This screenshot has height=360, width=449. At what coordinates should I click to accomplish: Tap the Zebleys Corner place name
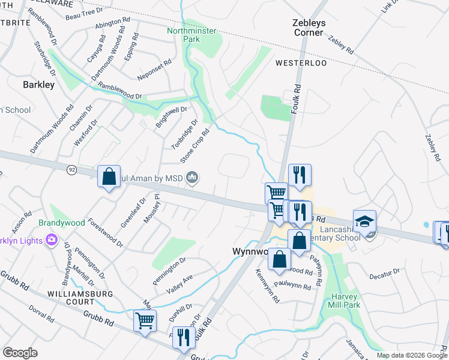point(309,27)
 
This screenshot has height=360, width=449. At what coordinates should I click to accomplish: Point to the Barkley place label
point(38,85)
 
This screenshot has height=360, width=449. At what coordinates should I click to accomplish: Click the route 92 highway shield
point(71,170)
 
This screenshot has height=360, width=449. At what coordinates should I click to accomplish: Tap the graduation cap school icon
point(364,221)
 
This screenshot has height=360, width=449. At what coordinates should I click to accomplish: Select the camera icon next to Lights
point(51,241)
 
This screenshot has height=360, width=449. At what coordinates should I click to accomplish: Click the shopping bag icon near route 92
point(109,177)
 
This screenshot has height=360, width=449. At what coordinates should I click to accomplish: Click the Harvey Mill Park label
point(344,301)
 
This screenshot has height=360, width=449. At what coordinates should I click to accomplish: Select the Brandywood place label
point(62,223)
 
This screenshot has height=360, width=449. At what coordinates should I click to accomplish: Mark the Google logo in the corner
point(20,353)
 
